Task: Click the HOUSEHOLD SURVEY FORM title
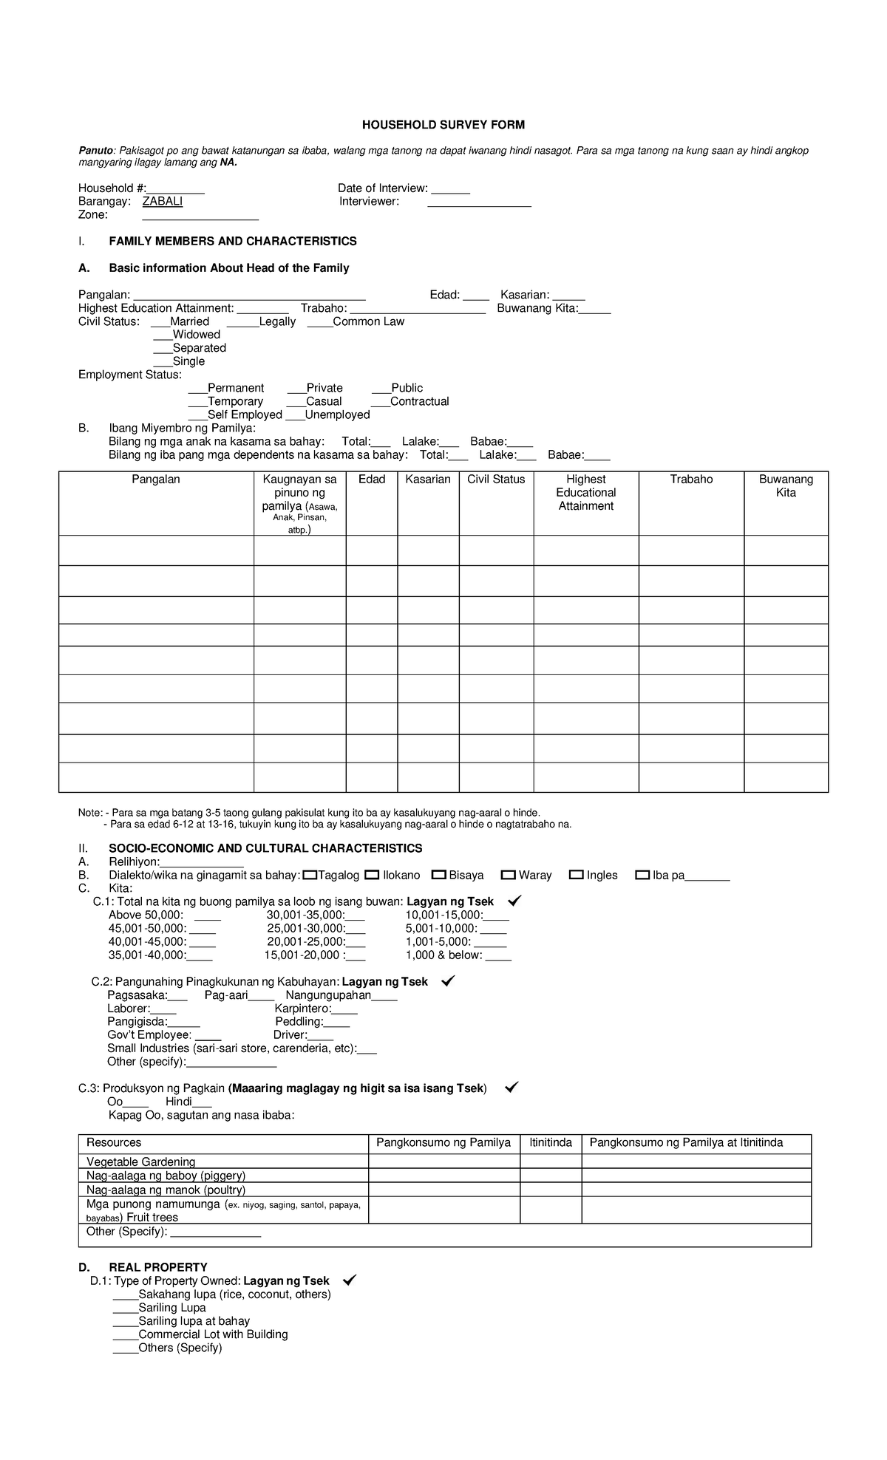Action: [x=443, y=125]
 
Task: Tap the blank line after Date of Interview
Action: [x=450, y=189]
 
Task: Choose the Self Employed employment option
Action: [x=235, y=415]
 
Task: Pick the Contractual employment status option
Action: [x=410, y=401]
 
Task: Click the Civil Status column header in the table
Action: [x=496, y=480]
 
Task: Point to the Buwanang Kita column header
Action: [x=786, y=486]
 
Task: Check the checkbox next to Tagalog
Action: [x=310, y=876]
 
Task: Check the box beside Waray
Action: [x=509, y=876]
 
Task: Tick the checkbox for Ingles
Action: [x=577, y=876]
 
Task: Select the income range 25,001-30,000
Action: [x=316, y=929]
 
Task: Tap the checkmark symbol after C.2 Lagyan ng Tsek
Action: [x=447, y=982]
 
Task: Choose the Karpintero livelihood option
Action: [x=316, y=1009]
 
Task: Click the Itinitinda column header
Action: [x=551, y=1143]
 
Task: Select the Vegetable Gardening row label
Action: [x=141, y=1162]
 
